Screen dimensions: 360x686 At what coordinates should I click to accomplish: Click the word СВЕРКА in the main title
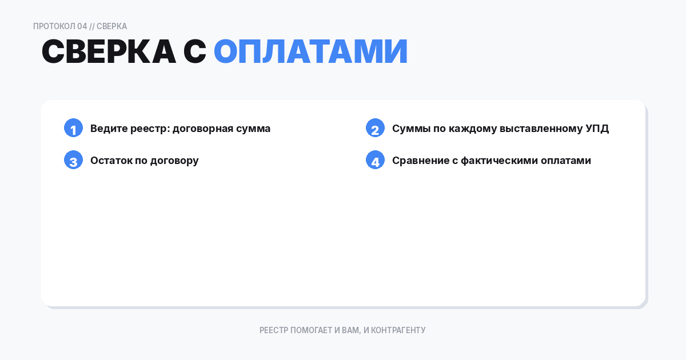(109, 52)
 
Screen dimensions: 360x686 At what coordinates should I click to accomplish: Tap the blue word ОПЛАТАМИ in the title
(310, 52)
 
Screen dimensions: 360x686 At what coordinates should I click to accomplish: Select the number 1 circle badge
(73, 129)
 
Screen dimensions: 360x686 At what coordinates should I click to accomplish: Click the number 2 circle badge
(375, 129)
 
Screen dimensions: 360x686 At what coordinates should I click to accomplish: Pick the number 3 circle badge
(73, 161)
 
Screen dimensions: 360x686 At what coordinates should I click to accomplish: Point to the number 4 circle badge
(375, 161)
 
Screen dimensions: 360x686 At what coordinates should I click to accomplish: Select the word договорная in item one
(203, 129)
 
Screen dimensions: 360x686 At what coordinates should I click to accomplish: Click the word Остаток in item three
(111, 161)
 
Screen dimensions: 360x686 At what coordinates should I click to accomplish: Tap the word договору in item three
(174, 161)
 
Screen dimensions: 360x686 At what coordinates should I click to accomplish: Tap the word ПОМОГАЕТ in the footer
(312, 330)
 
